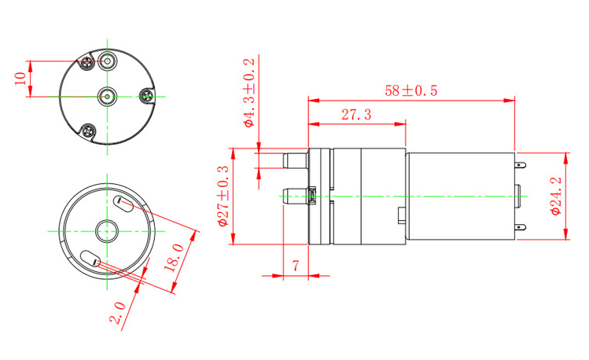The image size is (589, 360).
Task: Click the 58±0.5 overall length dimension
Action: [411, 90]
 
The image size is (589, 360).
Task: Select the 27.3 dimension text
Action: [356, 115]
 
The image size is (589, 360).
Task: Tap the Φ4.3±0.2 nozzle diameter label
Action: [249, 93]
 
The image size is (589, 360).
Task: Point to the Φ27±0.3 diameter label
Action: [223, 196]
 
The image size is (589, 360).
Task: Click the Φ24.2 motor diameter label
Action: [555, 196]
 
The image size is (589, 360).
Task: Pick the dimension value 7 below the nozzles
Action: [296, 266]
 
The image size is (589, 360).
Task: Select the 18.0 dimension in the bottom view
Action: [174, 258]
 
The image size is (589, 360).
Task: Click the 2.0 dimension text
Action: [117, 312]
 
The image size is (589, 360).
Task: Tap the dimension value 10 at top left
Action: [20, 79]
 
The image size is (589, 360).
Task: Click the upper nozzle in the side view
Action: [295, 160]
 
